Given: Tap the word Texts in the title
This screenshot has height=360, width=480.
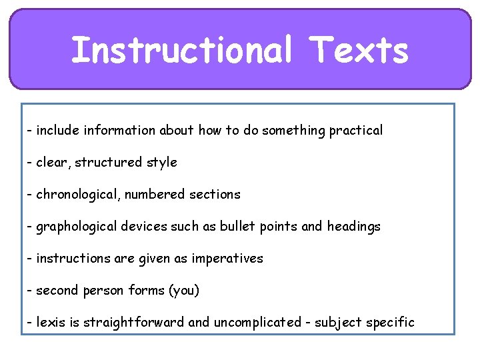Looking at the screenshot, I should coord(360,51).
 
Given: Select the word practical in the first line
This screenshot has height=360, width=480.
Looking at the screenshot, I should coord(355,131).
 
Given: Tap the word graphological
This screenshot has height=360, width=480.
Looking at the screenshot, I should coord(77,227).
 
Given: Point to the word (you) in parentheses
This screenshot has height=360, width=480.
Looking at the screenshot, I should coord(184,291).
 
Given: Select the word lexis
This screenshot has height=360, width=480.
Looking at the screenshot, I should coord(51,323).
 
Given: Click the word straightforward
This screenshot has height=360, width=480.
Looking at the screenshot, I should coord(134,323).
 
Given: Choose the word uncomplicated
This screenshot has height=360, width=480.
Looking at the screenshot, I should coord(257,323).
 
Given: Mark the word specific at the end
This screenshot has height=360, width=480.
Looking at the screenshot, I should coord(390,323).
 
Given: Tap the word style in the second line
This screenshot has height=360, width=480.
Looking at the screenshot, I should coord(162,163).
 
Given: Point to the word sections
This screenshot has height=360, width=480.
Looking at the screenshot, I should coord(215,195).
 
